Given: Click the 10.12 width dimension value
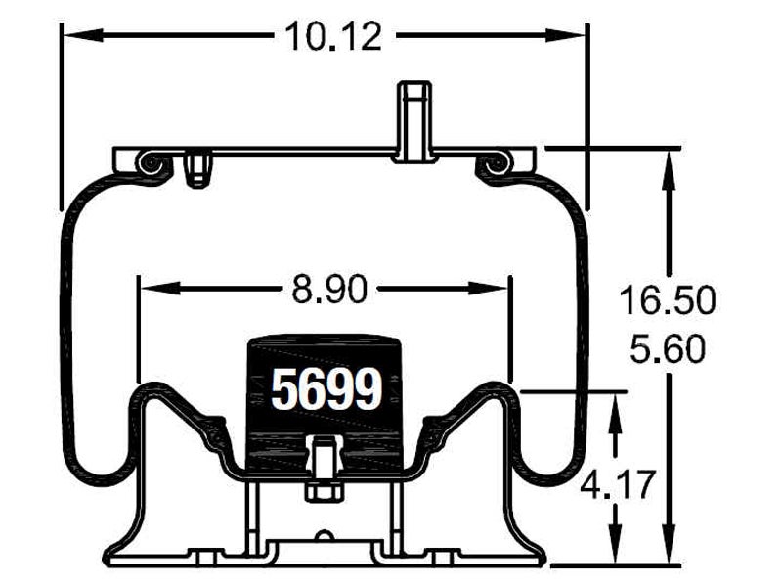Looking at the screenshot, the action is (x=333, y=36).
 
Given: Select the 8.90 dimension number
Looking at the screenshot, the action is (x=329, y=290).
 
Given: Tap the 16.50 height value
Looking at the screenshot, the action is (x=668, y=300).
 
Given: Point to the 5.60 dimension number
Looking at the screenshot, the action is (x=668, y=348).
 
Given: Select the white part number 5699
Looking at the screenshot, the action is (x=326, y=389).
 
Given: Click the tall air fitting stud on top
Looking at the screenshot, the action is (x=413, y=121).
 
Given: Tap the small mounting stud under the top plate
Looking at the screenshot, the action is (x=198, y=168).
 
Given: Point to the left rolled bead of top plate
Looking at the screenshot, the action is (x=151, y=162).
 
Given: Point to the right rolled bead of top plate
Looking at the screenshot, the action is (x=495, y=162).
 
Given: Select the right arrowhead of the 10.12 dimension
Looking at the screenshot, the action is (x=566, y=35).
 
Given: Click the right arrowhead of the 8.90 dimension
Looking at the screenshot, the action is (x=487, y=288).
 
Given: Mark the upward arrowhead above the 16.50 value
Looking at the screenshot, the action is (x=669, y=170).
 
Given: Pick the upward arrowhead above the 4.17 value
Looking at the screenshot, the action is (x=617, y=415).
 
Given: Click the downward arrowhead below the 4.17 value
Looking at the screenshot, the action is (x=617, y=543).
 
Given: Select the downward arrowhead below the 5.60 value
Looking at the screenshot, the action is (x=669, y=543).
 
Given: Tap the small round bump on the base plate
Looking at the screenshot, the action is (x=325, y=536).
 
